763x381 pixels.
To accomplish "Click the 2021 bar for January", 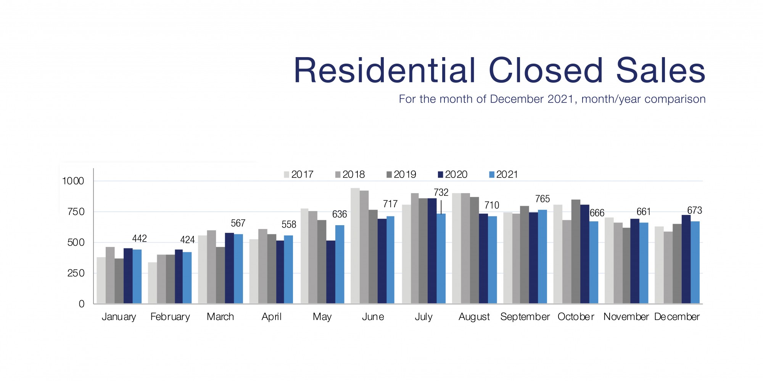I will [x=137, y=277].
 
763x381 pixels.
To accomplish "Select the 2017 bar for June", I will [x=355, y=246].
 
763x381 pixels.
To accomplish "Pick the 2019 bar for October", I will [x=576, y=251].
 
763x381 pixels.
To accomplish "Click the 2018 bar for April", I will [x=263, y=266].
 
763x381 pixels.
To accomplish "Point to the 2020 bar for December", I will [x=686, y=259].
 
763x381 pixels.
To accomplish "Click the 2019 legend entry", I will [x=401, y=174].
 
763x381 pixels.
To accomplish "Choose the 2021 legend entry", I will [x=503, y=174].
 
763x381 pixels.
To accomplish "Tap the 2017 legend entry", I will [x=298, y=174].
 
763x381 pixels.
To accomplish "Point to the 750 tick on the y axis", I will [x=76, y=212].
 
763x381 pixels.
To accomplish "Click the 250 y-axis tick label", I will [x=76, y=273].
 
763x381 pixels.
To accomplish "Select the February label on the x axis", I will [x=170, y=317].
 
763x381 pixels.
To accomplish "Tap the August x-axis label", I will [x=474, y=317].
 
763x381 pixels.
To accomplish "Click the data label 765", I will [x=542, y=199].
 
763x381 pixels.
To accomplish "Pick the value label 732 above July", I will [x=441, y=192].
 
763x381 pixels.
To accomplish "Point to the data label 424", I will [x=187, y=240].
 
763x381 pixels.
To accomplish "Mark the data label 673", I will [x=694, y=210].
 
